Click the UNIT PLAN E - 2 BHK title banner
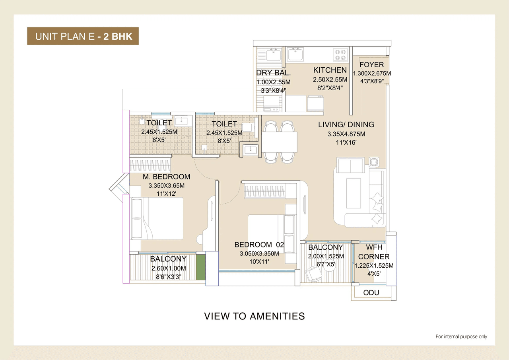coord(83,37)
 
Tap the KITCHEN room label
coord(330,70)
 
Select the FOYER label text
coord(371,65)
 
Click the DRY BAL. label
coord(274,73)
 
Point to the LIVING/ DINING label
coord(346,125)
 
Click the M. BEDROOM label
coord(166,177)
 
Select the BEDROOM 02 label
coord(259,245)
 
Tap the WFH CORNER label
coord(374,252)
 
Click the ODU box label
coord(371,293)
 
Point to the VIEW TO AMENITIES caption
coord(254,316)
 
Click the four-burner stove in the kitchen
coord(340,54)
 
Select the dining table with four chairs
coord(280,142)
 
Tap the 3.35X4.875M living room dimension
coord(346,134)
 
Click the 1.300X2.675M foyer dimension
coord(371,74)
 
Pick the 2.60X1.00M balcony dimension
coord(168,268)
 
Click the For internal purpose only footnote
coord(461,337)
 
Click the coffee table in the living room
coord(354,193)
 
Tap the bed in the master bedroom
coord(157,219)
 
